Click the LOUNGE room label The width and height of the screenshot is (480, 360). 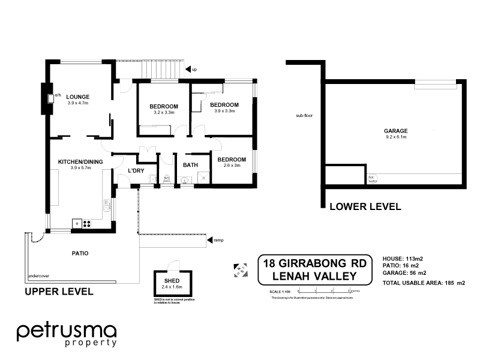pos(78,96)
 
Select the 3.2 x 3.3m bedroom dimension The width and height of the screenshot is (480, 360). pos(164,112)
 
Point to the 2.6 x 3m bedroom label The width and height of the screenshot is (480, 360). pos(232,166)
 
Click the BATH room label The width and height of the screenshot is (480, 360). pos(191,165)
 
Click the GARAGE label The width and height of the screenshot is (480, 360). pos(396,131)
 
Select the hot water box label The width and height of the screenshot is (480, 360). pos(372,178)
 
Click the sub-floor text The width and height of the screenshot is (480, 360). pos(304,115)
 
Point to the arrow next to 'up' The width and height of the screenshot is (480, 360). pos(187,70)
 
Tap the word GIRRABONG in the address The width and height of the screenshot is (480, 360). pos(314,263)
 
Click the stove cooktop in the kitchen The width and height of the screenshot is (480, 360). pos(86,224)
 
